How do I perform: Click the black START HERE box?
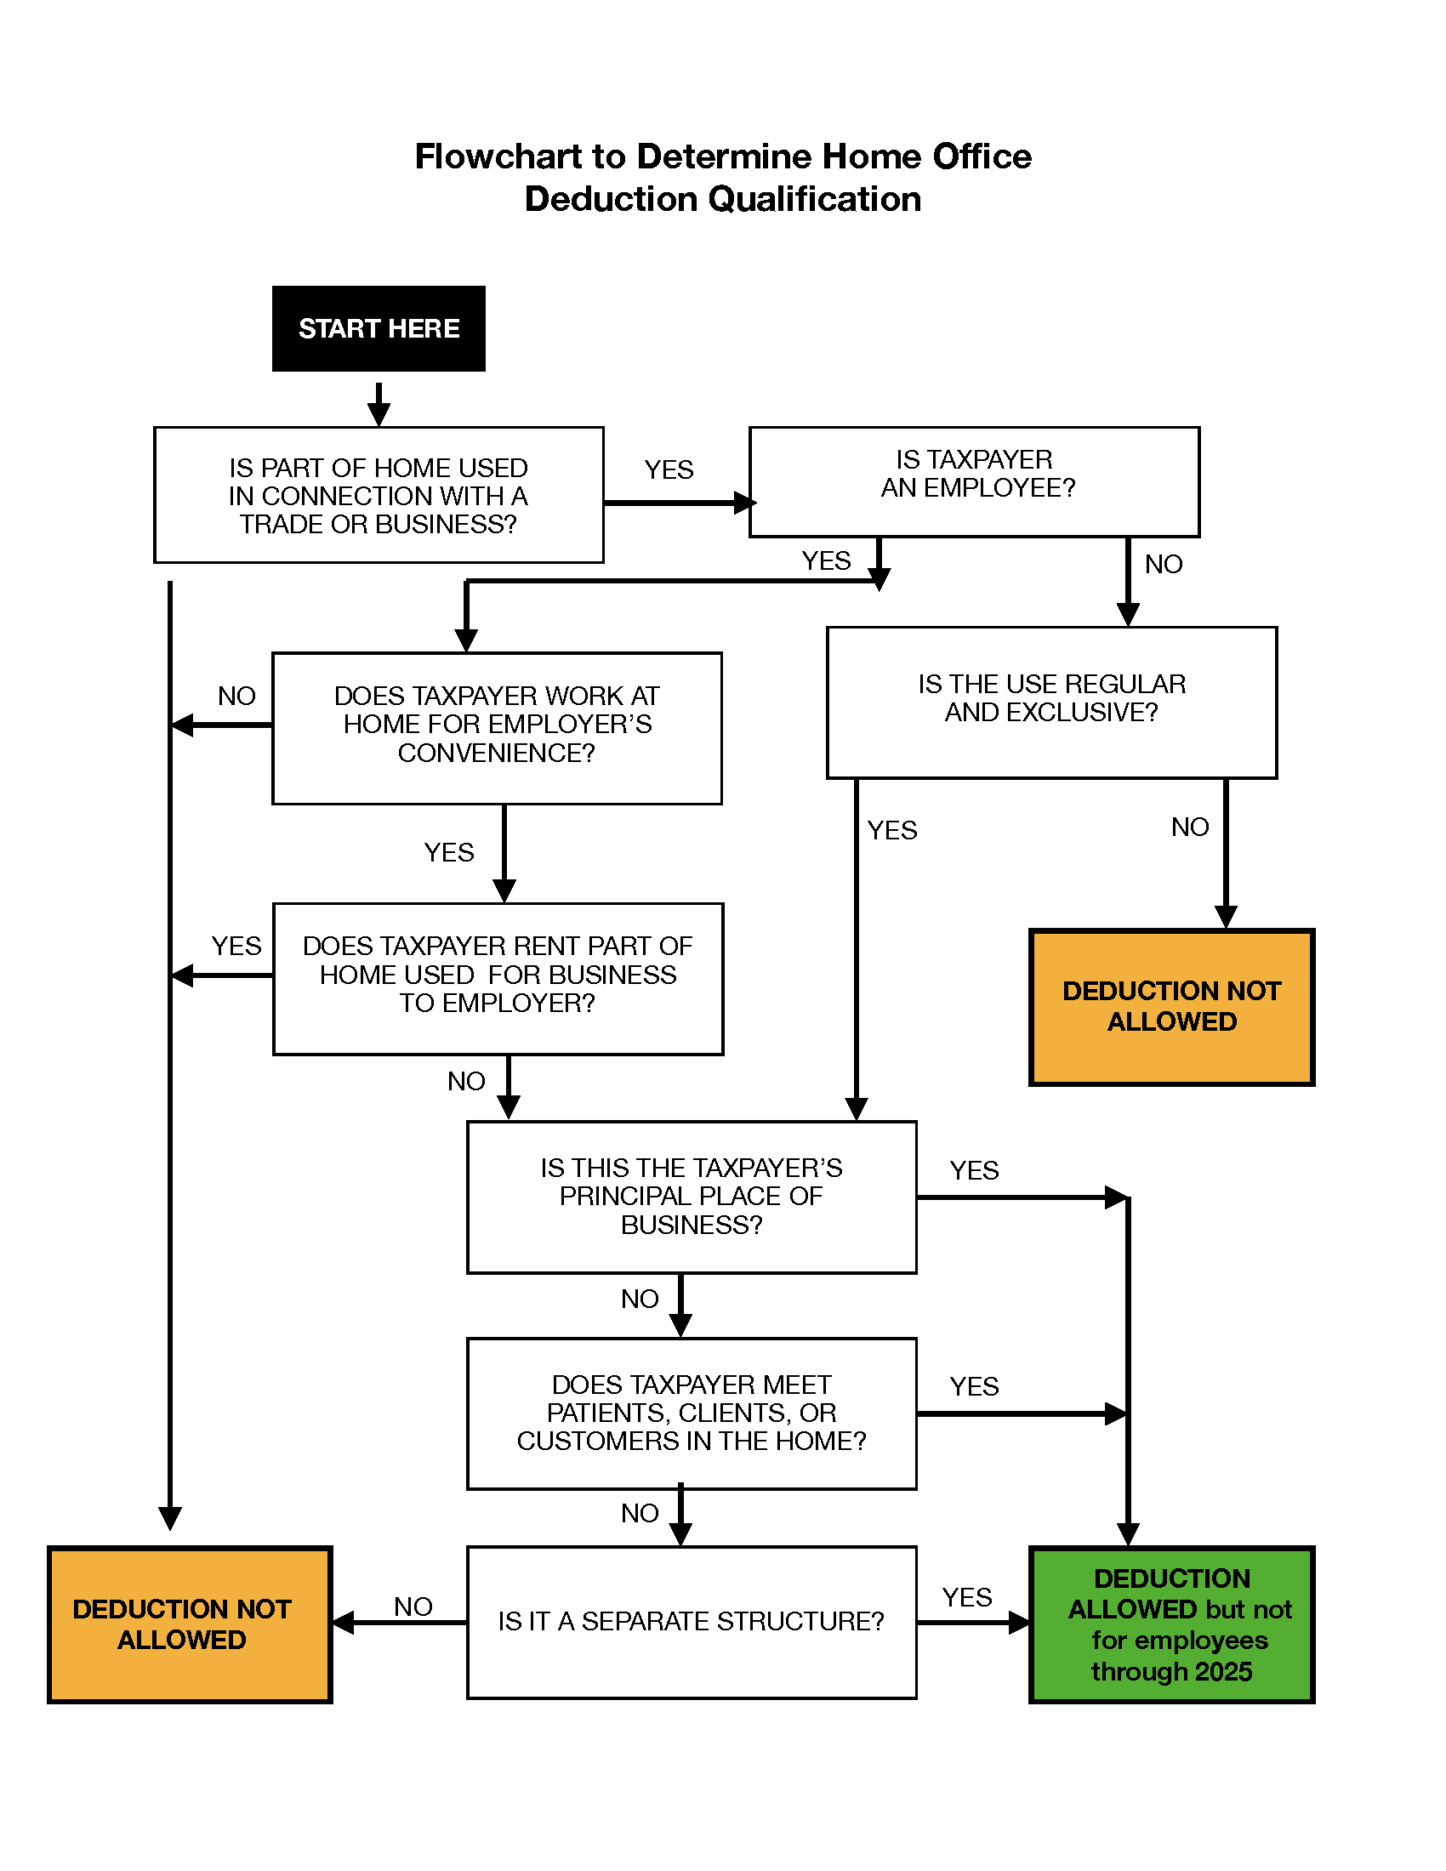click(379, 328)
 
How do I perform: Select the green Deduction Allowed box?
click(1170, 1624)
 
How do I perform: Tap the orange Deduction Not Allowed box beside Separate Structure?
click(190, 1624)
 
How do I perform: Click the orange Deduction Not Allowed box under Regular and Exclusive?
click(1170, 1007)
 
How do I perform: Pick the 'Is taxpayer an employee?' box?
click(974, 481)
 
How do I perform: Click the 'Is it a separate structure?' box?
click(691, 1621)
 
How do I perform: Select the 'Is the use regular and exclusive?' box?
click(1051, 702)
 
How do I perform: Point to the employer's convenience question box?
click(497, 727)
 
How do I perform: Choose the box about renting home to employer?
click(497, 977)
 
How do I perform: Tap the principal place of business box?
click(691, 1196)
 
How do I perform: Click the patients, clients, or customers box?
click(691, 1413)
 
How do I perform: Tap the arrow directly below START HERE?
click(379, 404)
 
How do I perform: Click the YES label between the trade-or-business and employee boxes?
click(669, 469)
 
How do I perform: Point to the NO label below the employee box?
click(1163, 564)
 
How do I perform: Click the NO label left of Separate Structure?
click(413, 1607)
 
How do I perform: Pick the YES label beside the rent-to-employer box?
click(236, 946)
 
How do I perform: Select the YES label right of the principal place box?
click(974, 1170)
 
